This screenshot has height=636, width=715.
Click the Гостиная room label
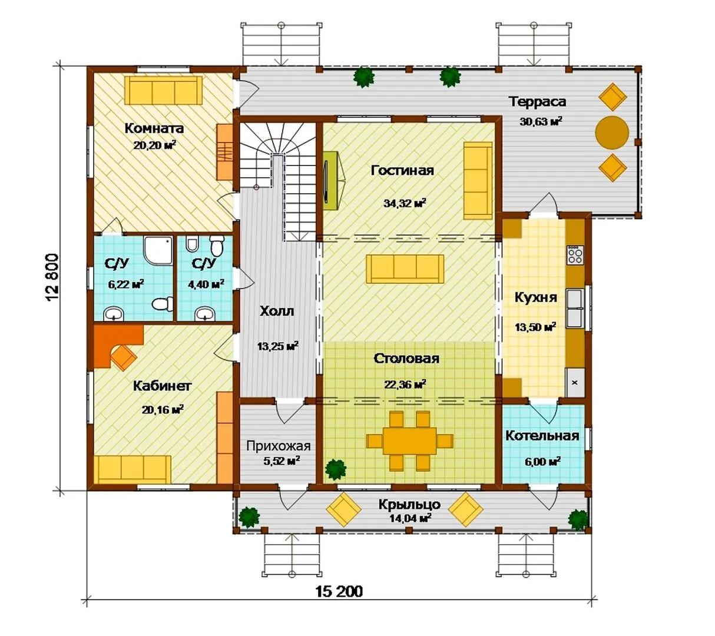pyautogui.click(x=402, y=171)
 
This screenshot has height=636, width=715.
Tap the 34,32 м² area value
pyautogui.click(x=405, y=203)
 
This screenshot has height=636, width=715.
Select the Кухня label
pyautogui.click(x=536, y=297)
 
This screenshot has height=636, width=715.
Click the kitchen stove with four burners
pyautogui.click(x=575, y=255)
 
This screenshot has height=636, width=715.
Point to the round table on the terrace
pyautogui.click(x=612, y=132)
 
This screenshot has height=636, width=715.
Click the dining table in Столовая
pyautogui.click(x=410, y=441)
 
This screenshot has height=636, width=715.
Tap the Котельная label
pyautogui.click(x=542, y=436)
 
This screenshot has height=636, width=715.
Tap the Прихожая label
pyautogui.click(x=279, y=446)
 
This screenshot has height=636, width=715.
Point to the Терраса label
pyautogui.click(x=537, y=102)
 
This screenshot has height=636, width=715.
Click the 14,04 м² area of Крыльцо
pyautogui.click(x=410, y=518)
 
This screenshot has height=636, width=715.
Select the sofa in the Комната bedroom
pyautogui.click(x=163, y=90)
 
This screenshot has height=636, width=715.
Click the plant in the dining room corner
pyautogui.click(x=335, y=469)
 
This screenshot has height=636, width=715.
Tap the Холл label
pyautogui.click(x=277, y=312)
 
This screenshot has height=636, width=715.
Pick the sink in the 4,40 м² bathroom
pyautogui.click(x=205, y=314)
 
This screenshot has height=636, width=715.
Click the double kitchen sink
pyautogui.click(x=575, y=309)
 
